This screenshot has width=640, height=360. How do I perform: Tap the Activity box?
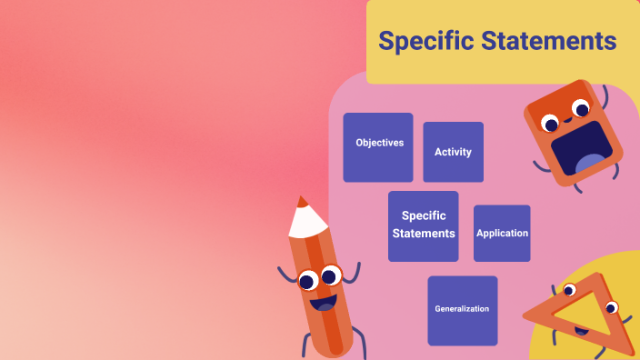[x=453, y=152]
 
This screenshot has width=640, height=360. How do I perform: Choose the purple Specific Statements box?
[x=423, y=225]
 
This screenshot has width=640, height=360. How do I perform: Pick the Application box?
[x=502, y=233]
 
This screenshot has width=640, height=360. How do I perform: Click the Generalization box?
[x=462, y=309]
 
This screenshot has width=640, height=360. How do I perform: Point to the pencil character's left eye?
[x=308, y=280]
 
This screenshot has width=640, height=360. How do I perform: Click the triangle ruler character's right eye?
[x=611, y=306]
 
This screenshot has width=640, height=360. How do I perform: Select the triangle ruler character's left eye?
[x=570, y=290]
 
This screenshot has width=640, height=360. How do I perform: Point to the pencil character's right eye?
[x=331, y=274]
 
